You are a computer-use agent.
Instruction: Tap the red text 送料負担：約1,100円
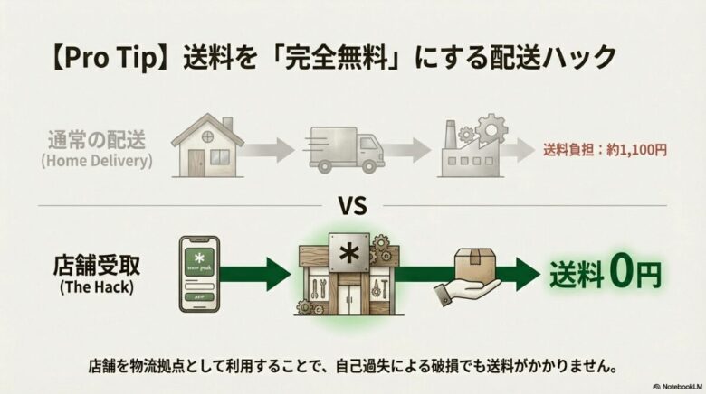[605, 150]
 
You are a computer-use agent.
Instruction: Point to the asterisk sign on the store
[348, 250]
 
